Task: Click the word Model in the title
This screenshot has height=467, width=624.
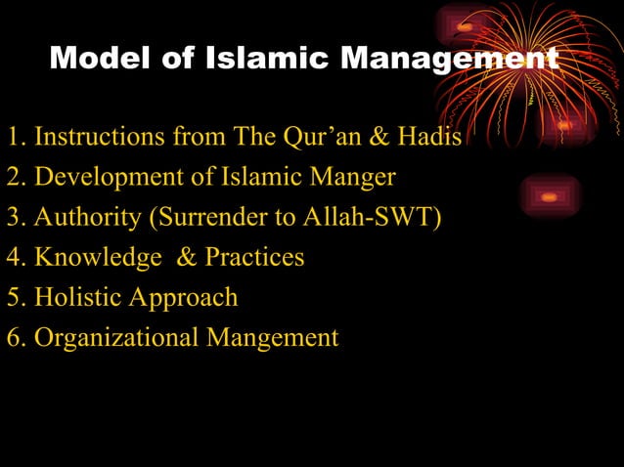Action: click(93, 59)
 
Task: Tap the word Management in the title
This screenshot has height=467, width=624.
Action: click(448, 59)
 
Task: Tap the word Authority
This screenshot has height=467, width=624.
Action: click(87, 217)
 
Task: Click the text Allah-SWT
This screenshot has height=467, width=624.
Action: click(373, 217)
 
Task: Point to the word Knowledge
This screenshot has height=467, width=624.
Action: click(98, 257)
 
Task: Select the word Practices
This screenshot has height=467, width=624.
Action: click(254, 257)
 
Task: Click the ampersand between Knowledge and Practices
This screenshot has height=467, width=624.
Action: click(187, 257)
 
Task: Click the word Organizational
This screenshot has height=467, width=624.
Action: click(116, 338)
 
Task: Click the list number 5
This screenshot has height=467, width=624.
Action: click(14, 297)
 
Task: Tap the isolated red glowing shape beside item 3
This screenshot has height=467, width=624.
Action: click(550, 196)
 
